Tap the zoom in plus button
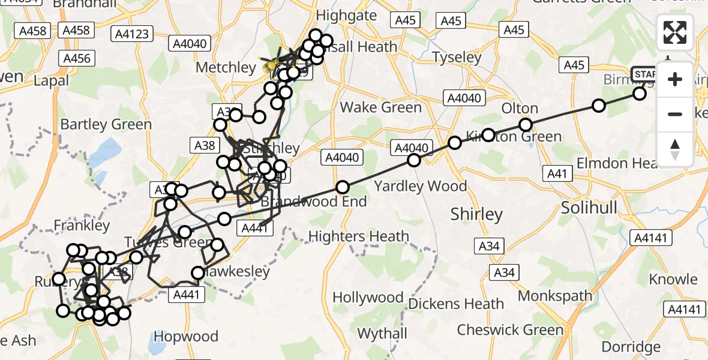tap(675, 79)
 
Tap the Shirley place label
tap(476, 214)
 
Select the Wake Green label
tap(380, 108)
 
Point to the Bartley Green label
tap(106, 125)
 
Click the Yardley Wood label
tap(420, 186)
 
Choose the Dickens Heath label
tap(455, 304)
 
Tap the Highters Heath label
tap(358, 237)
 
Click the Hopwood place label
tap(186, 336)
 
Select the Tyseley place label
tap(457, 58)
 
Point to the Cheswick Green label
tap(510, 330)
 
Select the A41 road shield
tap(558, 173)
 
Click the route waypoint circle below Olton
tap(526, 125)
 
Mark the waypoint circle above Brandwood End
tap(342, 187)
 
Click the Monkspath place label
tap(555, 296)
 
